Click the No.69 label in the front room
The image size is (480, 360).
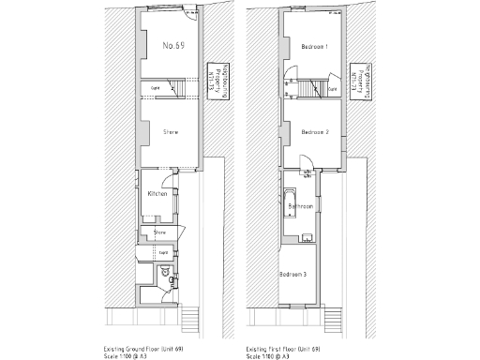click(172, 46)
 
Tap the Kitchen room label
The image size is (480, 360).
click(157, 194)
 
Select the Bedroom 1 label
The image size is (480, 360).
click(314, 47)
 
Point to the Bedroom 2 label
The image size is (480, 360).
click(314, 133)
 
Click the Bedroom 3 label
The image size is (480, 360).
click(293, 274)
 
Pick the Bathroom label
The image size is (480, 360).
click(301, 205)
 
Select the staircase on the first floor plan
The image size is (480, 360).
click(309, 89)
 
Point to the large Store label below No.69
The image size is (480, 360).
click(171, 133)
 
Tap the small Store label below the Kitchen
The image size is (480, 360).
click(159, 231)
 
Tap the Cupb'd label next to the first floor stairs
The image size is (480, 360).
click(333, 89)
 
